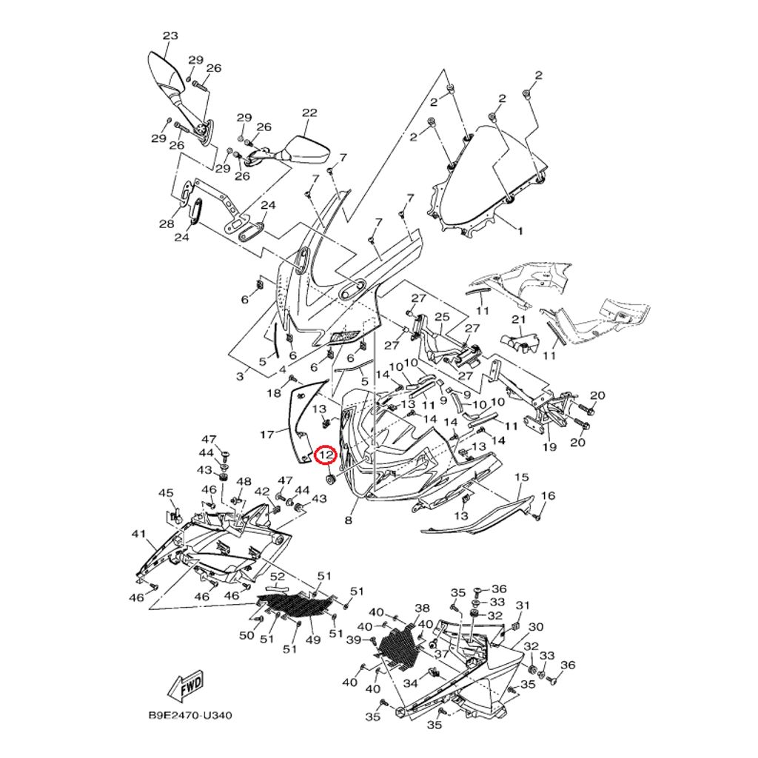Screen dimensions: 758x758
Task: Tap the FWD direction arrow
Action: [x=184, y=686]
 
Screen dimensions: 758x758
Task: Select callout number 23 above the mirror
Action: [x=170, y=36]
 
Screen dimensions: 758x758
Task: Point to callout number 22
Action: [x=309, y=113]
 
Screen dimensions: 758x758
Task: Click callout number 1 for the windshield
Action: [x=520, y=231]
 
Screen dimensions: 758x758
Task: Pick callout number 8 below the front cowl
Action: [x=349, y=520]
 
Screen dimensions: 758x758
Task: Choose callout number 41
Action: [x=139, y=534]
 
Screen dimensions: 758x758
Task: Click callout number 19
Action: [x=549, y=447]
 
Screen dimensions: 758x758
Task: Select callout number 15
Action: [x=522, y=477]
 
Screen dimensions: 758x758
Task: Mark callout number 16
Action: [x=548, y=495]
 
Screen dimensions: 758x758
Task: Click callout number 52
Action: [x=278, y=577]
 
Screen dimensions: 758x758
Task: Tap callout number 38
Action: [x=422, y=608]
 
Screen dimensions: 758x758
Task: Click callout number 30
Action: [x=536, y=627]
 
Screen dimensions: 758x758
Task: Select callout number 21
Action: [x=518, y=319]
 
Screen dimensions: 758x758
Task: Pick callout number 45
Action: [x=166, y=494]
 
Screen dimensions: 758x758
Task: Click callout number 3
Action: [x=240, y=377]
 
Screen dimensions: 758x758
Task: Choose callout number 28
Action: [x=167, y=224]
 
